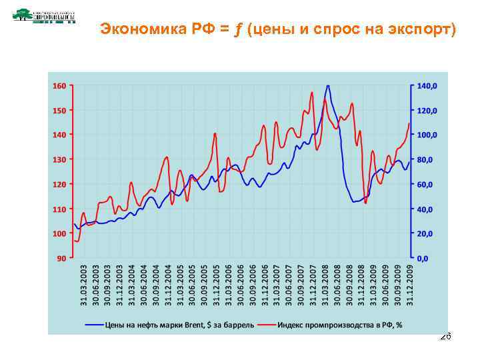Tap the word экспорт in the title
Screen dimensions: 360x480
click(x=419, y=29)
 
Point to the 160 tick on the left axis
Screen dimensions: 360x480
click(x=59, y=85)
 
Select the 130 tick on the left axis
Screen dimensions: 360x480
click(x=59, y=159)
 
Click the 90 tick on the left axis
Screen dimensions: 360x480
click(x=61, y=257)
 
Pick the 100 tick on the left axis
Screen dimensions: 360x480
click(x=59, y=233)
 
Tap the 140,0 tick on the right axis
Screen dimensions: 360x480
click(x=427, y=85)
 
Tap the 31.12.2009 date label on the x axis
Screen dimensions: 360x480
click(x=410, y=283)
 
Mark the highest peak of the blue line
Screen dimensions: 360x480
click(x=327, y=86)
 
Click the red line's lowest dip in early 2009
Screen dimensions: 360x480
click(x=365, y=203)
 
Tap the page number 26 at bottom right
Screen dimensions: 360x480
click(x=446, y=337)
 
